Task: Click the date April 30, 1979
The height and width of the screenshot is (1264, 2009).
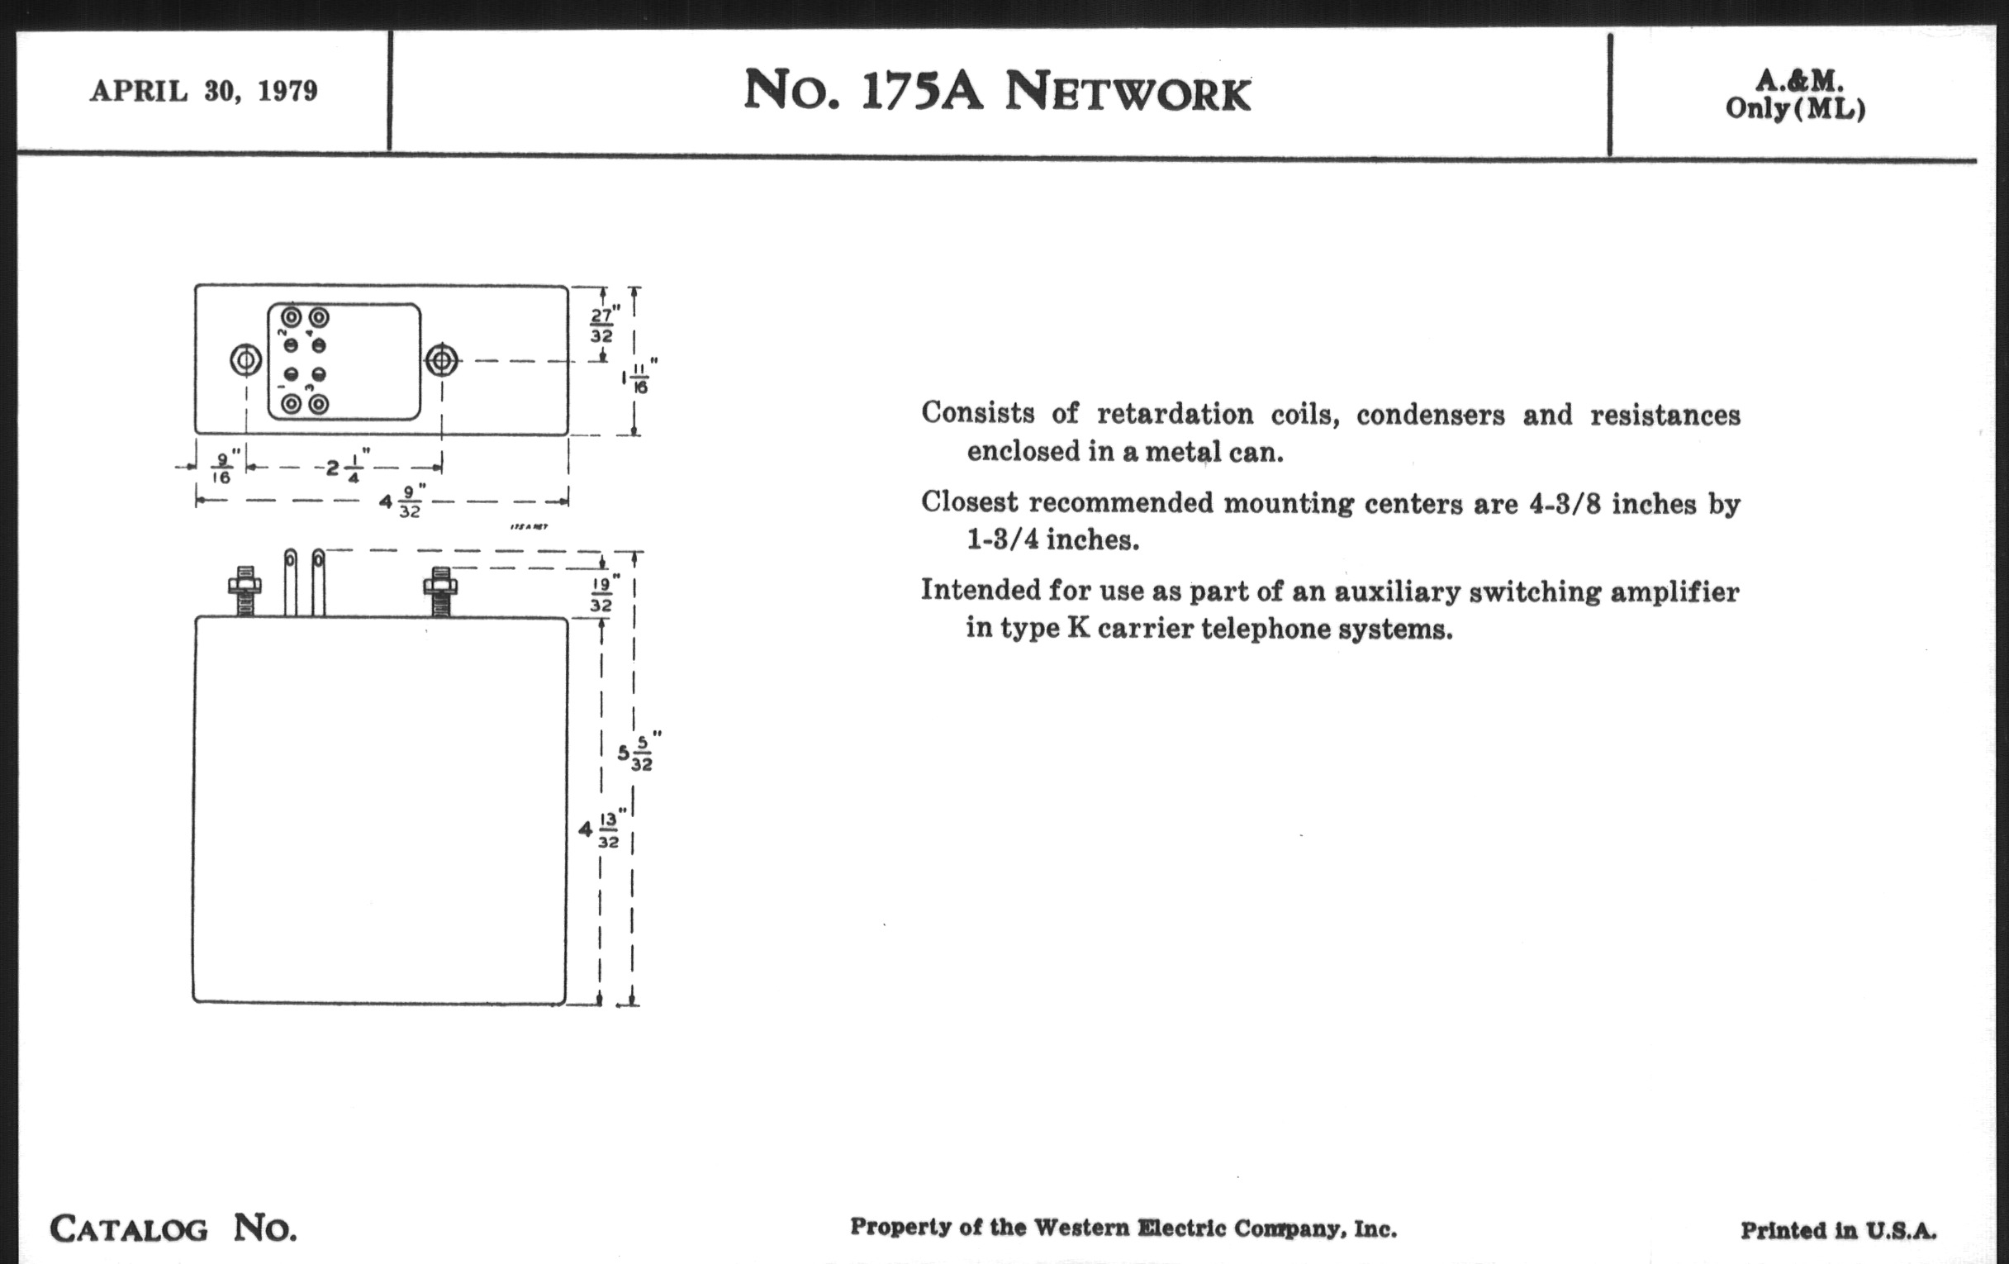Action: (203, 90)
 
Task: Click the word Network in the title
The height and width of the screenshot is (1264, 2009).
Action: (1127, 92)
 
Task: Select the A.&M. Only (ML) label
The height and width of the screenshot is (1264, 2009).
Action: (1794, 94)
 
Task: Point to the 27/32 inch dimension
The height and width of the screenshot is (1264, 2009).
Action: (601, 325)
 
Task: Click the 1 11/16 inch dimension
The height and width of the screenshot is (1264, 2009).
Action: (639, 378)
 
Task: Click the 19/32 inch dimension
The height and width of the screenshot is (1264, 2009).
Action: (601, 593)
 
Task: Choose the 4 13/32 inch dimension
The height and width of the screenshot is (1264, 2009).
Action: (601, 830)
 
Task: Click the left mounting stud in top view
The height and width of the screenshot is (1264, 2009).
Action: (245, 361)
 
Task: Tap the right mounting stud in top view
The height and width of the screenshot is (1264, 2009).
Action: (441, 361)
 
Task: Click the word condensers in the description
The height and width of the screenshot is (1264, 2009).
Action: (1430, 415)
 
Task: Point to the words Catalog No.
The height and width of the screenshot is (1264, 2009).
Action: (173, 1228)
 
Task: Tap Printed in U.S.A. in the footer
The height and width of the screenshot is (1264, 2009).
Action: (1837, 1231)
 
